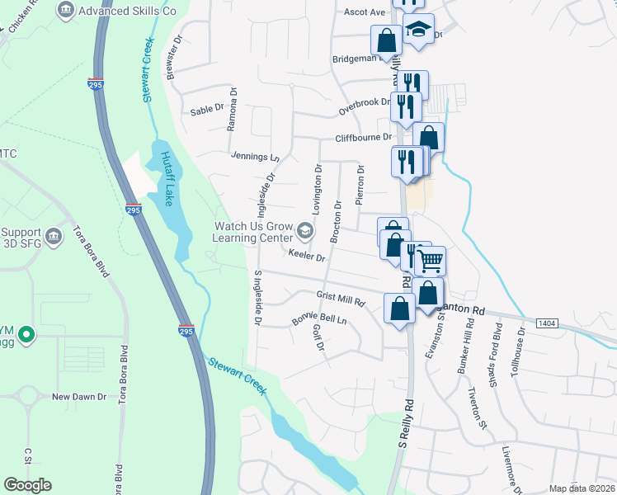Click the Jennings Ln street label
coord(256,156)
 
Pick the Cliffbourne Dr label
coord(361,139)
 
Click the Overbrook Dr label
coord(364,103)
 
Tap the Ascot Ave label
coord(365,12)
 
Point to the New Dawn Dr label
coord(79,397)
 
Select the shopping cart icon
coord(431,262)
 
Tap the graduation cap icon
coord(419,30)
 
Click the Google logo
coord(27,485)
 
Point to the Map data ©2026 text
coord(581,488)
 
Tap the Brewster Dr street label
coord(172,57)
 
